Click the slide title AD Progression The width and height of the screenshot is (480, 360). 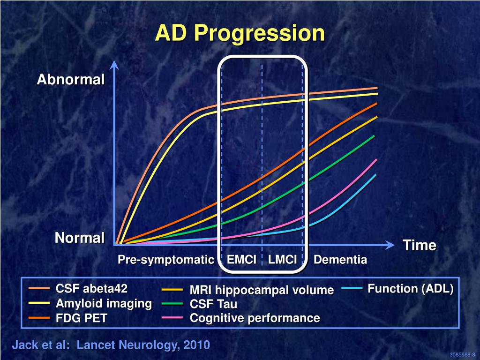click(240, 34)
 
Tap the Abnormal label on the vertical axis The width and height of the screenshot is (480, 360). click(71, 80)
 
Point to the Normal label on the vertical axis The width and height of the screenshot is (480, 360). click(80, 238)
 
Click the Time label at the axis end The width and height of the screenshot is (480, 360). click(420, 246)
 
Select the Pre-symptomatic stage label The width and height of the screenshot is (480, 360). click(165, 260)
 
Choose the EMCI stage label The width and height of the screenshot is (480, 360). click(241, 260)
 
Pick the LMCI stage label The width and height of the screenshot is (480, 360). click(283, 260)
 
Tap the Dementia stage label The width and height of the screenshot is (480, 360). click(340, 260)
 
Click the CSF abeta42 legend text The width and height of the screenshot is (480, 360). click(91, 288)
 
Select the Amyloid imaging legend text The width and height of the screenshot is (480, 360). click(104, 303)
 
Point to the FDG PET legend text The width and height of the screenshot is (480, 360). click(82, 318)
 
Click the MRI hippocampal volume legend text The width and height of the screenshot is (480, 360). click(262, 290)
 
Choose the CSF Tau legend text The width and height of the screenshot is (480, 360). click(213, 304)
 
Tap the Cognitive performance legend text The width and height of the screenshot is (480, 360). click(255, 318)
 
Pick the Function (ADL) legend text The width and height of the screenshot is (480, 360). click(411, 289)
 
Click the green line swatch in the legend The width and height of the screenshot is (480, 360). click(172, 304)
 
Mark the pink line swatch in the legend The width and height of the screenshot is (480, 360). click(172, 318)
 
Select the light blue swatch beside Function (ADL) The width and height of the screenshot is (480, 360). click(352, 289)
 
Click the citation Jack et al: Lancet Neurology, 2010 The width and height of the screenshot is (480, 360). click(111, 345)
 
